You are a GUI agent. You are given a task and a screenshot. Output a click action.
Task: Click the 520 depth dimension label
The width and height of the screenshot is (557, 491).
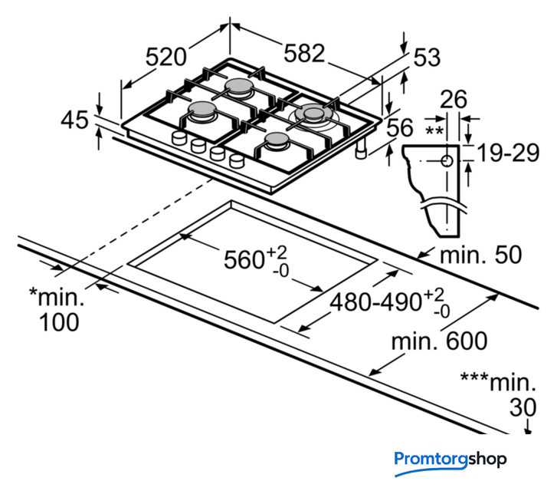pos(166,56)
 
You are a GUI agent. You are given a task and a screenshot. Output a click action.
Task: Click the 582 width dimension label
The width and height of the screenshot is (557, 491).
pos(304,53)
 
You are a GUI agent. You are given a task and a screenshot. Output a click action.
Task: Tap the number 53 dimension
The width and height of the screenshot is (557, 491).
pos(427,58)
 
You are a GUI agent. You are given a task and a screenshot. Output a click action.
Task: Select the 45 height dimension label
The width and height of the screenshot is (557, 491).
pos(75,120)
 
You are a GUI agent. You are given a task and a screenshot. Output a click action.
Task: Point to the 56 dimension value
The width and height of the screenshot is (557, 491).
pos(399,128)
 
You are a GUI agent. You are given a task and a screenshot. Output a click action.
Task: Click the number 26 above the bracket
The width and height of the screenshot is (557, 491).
pos(454,99)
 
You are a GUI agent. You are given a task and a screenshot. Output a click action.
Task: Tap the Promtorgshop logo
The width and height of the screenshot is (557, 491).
pos(451,460)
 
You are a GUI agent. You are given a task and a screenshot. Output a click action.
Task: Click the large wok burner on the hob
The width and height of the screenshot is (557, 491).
pos(315,114)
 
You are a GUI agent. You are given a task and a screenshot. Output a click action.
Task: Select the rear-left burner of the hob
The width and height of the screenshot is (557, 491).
pos(238,85)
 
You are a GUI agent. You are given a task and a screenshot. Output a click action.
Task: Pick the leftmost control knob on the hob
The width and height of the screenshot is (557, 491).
pos(179,140)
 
